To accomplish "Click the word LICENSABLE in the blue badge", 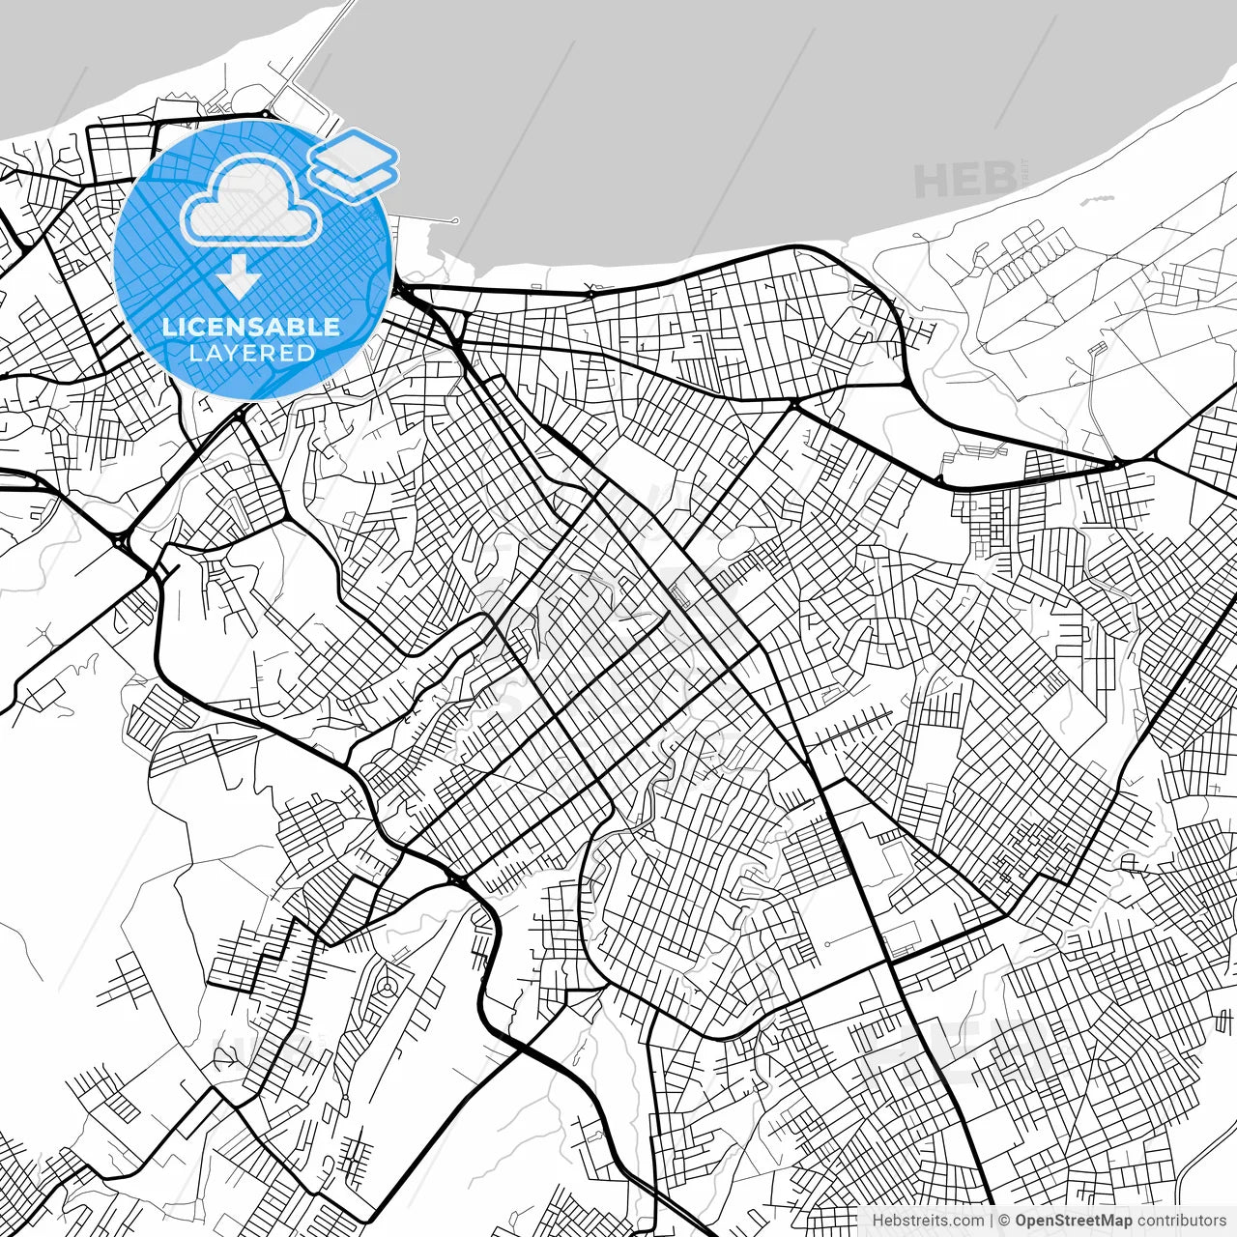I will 251,327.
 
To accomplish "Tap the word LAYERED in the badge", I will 251,353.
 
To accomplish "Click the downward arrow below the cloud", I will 238,278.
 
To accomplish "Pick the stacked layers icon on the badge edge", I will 354,164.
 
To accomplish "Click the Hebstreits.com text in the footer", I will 928,1221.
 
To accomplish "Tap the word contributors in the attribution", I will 1181,1221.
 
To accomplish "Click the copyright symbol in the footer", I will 1005,1221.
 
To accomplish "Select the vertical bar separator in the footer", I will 992,1221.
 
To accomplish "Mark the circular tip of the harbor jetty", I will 455,221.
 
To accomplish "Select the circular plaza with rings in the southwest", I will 387,987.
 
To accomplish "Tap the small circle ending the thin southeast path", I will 828,943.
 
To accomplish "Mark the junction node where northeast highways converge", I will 1117,465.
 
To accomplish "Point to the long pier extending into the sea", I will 314,58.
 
